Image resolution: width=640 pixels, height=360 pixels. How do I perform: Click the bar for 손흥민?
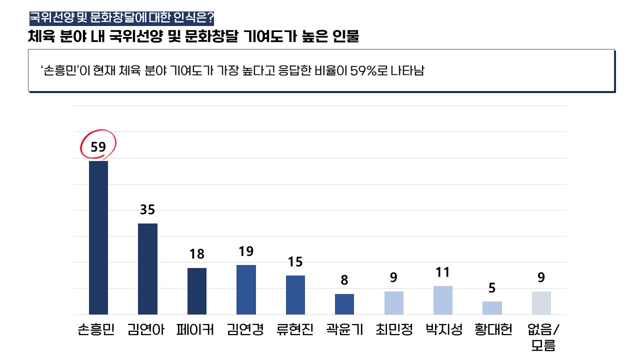(98, 237)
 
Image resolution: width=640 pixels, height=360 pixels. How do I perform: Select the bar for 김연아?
(147, 269)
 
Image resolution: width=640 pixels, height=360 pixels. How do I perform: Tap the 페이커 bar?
(197, 291)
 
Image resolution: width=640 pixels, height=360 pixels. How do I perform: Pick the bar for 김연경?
(246, 289)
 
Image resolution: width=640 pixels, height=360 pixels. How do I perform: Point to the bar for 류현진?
(295, 295)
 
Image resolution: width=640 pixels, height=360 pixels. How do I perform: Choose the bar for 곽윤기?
(344, 304)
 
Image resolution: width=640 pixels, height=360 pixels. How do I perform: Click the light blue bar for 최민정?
(394, 303)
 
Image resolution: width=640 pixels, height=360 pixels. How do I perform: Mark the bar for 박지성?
(443, 300)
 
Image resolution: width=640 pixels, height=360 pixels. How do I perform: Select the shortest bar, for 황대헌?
(492, 308)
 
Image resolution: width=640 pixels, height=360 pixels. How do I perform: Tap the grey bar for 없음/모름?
(541, 303)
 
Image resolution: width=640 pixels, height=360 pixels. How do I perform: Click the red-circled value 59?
(98, 147)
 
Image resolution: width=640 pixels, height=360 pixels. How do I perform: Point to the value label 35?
(147, 210)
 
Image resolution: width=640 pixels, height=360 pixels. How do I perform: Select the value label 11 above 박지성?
(443, 272)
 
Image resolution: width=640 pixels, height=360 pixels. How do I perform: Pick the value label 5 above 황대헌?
(492, 288)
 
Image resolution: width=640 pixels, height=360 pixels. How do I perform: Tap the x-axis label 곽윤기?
(344, 330)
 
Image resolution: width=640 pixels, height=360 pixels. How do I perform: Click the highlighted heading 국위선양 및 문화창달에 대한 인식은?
(122, 19)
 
